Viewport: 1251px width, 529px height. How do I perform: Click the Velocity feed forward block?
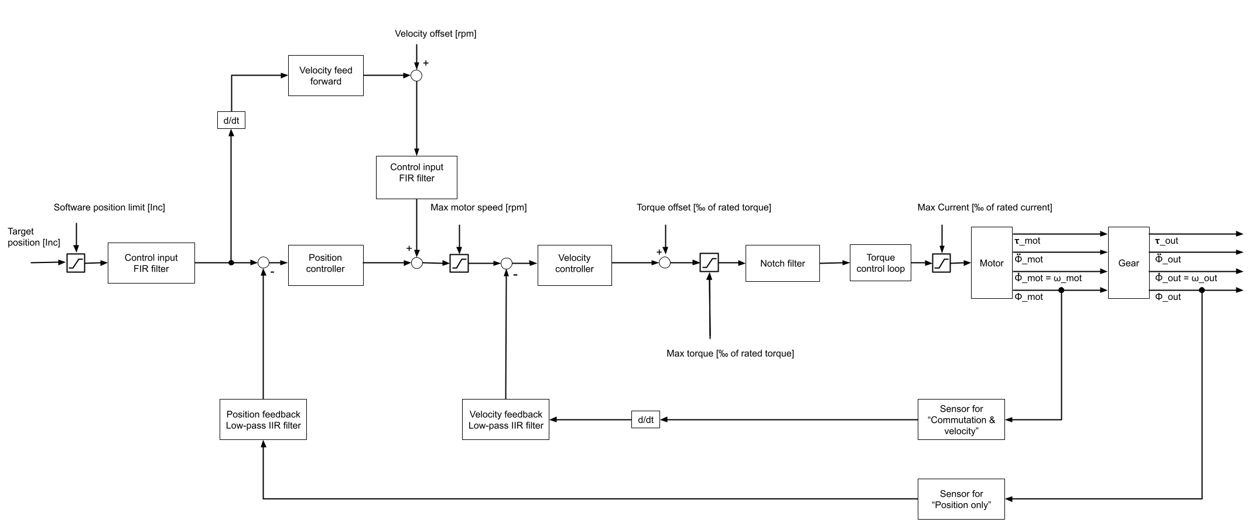[x=326, y=76]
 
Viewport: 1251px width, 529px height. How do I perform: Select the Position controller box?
[x=326, y=265]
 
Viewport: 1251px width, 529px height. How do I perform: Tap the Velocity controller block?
[x=575, y=265]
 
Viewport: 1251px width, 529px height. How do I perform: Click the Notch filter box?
[x=782, y=263]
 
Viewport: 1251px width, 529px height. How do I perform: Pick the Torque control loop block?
[x=880, y=263]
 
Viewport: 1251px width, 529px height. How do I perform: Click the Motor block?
[x=992, y=263]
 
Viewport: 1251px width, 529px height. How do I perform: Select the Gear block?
[x=1129, y=263]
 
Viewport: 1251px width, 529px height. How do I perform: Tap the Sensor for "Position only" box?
[x=961, y=499]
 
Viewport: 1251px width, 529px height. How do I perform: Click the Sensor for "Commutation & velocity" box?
[x=961, y=419]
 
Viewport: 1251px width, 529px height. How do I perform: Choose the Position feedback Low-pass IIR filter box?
[x=263, y=419]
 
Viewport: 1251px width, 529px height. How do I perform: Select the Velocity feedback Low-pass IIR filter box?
[x=505, y=419]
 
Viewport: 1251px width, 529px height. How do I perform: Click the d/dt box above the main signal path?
[x=231, y=121]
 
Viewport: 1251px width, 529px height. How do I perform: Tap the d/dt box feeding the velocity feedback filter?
[x=645, y=419]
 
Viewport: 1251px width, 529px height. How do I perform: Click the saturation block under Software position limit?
[x=76, y=263]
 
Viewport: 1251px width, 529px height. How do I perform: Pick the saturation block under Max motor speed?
[x=459, y=263]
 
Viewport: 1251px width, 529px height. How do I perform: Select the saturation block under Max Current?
[x=941, y=263]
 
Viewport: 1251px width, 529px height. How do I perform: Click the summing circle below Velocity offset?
[x=416, y=76]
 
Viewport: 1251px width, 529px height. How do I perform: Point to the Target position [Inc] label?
[x=33, y=237]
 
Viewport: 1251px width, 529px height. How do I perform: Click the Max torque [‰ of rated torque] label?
[x=730, y=353]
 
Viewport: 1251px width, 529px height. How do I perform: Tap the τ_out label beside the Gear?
[x=1166, y=241]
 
